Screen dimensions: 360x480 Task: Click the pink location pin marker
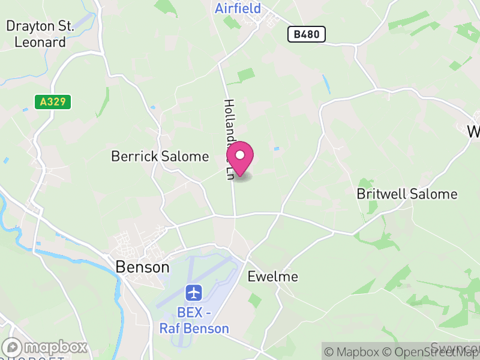(x=240, y=158)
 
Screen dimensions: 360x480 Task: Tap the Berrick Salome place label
(x=160, y=157)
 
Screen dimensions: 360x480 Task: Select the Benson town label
(x=142, y=267)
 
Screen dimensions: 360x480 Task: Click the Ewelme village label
(x=272, y=277)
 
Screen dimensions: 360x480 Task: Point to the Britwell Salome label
(x=407, y=194)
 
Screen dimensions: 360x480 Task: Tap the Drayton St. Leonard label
(x=40, y=34)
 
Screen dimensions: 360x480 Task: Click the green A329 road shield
(x=53, y=103)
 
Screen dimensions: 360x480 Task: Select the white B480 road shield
(x=306, y=35)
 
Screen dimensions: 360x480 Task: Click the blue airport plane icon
(x=194, y=293)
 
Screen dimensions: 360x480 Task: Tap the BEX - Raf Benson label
(x=194, y=321)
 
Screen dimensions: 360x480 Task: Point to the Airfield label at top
(x=238, y=8)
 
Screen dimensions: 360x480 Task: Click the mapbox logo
(x=46, y=347)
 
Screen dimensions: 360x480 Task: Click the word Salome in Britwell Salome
(x=435, y=194)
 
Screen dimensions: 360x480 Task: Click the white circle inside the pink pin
(x=240, y=154)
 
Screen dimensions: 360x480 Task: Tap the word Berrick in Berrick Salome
(x=133, y=157)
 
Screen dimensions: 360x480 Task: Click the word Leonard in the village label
(x=40, y=42)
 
